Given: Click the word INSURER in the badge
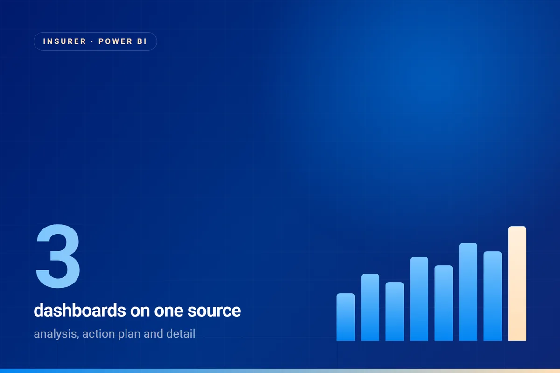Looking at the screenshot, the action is [64, 41].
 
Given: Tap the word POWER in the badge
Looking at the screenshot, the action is [115, 41].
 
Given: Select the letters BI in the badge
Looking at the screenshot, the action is [142, 41].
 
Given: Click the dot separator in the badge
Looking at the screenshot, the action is [92, 41].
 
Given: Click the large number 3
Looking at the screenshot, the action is [58, 256].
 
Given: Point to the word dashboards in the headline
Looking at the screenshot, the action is [80, 311].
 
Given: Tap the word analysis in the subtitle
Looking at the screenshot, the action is [56, 334].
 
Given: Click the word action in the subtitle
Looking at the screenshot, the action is [98, 334].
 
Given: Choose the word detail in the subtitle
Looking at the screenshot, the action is [181, 334].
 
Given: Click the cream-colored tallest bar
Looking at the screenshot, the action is [517, 283].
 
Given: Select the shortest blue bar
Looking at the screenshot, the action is [346, 317].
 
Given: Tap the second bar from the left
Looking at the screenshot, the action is [370, 307].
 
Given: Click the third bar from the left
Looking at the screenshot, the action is [395, 311].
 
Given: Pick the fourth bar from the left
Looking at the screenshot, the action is [419, 299].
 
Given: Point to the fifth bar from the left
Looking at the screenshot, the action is [444, 303].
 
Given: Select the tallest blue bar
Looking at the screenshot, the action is [468, 292].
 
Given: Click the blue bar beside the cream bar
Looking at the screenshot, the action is [493, 296].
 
